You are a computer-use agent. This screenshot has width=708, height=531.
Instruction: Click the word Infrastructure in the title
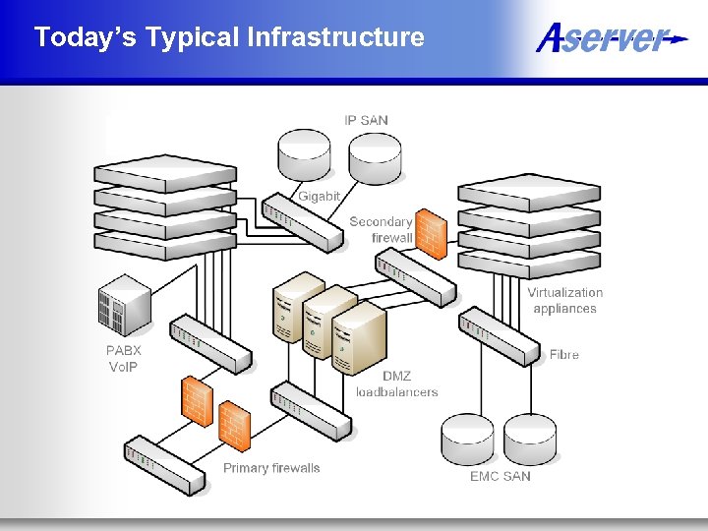pyautogui.click(x=336, y=37)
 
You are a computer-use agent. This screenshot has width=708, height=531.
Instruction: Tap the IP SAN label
pyautogui.click(x=366, y=120)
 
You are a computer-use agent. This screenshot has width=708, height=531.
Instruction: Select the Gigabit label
pyautogui.click(x=319, y=196)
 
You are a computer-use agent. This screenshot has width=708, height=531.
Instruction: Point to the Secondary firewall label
pyautogui.click(x=381, y=229)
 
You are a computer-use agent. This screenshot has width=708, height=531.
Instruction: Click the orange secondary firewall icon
pyautogui.click(x=430, y=233)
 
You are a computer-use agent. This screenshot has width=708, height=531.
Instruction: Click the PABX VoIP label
pyautogui.click(x=124, y=358)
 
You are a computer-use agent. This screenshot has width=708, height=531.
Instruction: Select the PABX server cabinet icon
pyautogui.click(x=125, y=305)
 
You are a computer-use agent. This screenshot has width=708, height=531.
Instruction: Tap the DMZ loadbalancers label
pyautogui.click(x=396, y=383)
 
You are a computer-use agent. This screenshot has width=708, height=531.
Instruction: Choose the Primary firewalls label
pyautogui.click(x=271, y=468)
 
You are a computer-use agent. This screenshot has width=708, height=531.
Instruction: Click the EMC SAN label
pyautogui.click(x=500, y=476)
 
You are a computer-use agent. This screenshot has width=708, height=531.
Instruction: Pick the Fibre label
pyautogui.click(x=564, y=354)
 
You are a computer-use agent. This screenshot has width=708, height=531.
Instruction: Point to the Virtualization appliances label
pyautogui.click(x=564, y=300)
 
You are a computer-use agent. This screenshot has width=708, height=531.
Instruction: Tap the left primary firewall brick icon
pyautogui.click(x=197, y=400)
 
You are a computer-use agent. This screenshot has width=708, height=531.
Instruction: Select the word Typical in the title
pyautogui.click(x=192, y=37)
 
